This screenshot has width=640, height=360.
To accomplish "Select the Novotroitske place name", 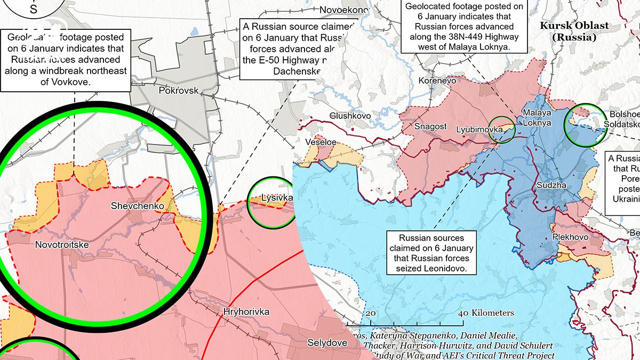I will [62, 244].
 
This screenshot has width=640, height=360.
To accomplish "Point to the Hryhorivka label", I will [246, 311].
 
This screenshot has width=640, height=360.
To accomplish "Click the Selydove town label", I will [327, 342].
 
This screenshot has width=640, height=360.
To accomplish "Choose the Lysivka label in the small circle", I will [277, 198].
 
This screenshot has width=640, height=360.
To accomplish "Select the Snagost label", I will [430, 126].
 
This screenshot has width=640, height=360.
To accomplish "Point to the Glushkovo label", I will [350, 116].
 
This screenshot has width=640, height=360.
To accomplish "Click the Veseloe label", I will [321, 142].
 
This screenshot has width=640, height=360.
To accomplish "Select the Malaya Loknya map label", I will [537, 118].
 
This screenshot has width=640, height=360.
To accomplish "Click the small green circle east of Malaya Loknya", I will [585, 125].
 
